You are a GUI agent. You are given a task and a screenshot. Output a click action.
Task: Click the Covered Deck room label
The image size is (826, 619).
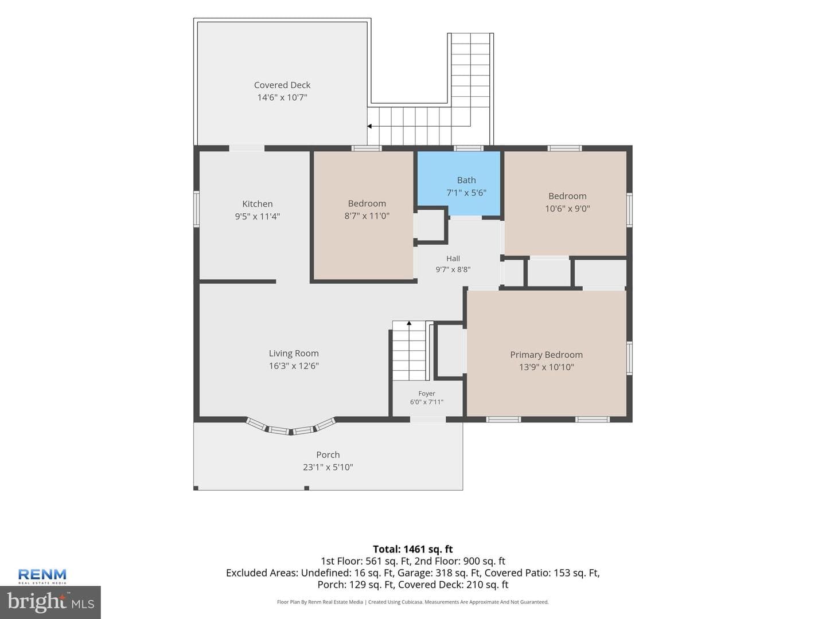(282, 85)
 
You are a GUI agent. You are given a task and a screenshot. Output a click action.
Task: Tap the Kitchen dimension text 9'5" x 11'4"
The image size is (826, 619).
(258, 217)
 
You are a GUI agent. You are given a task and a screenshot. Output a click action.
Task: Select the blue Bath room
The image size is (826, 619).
(459, 184)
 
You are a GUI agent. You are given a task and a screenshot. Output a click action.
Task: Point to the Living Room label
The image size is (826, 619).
(294, 353)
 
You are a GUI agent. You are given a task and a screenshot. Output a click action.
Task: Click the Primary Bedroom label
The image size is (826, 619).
(547, 355)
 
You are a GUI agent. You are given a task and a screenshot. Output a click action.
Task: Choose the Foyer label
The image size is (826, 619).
(427, 394)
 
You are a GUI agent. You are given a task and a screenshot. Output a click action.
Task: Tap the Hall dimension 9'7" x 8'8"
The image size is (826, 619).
(453, 269)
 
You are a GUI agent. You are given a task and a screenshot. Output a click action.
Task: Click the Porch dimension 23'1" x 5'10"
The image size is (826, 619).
(328, 467)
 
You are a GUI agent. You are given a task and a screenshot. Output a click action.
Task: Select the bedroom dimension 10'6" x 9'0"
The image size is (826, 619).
(567, 209)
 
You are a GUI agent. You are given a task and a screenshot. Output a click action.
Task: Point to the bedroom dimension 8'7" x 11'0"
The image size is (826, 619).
(367, 216)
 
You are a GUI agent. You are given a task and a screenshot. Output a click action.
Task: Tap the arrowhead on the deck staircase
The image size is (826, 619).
(369, 126)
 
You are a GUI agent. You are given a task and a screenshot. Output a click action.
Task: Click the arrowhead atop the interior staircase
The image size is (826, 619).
(409, 323)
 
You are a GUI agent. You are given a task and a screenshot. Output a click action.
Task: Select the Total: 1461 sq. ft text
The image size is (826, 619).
(413, 550)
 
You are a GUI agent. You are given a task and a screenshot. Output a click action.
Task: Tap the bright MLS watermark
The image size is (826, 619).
(50, 602)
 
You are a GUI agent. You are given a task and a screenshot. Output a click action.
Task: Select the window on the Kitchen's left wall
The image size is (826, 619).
(196, 209)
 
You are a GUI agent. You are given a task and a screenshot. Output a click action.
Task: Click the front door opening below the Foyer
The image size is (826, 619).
(428, 420)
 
